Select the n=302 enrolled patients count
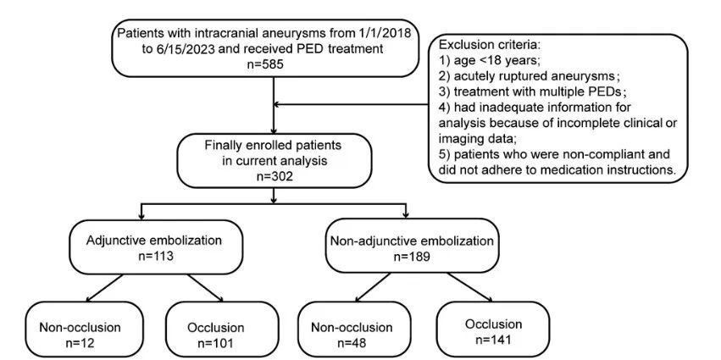pyautogui.click(x=274, y=175)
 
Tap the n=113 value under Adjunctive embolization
pyautogui.click(x=156, y=256)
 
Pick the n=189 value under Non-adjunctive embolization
pyautogui.click(x=412, y=257)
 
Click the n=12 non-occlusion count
pyautogui.click(x=80, y=343)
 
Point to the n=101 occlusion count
pyautogui.click(x=216, y=343)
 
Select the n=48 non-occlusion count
pyautogui.click(x=352, y=343)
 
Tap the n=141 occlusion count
pyautogui.click(x=493, y=341)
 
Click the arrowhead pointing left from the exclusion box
pyautogui.click(x=277, y=104)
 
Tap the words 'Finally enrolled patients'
pyautogui.click(x=274, y=146)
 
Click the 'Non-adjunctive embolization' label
pyautogui.click(x=412, y=241)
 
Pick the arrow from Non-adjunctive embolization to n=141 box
pyautogui.click(x=469, y=287)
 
